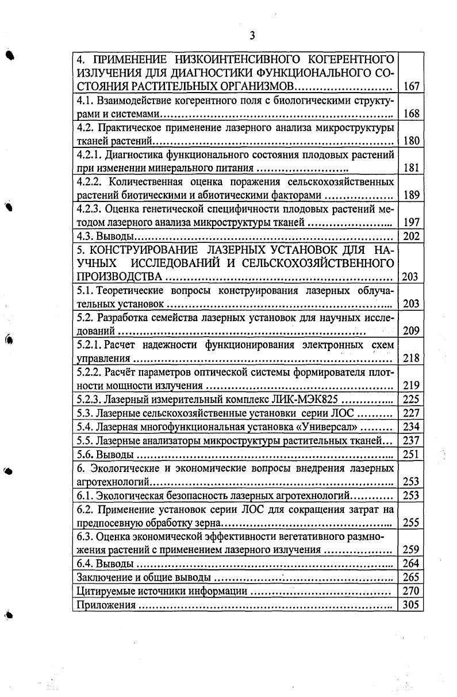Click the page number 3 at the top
pyautogui.click(x=252, y=36)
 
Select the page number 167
pyautogui.click(x=411, y=87)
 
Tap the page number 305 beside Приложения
pyautogui.click(x=411, y=605)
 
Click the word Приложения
pyautogui.click(x=106, y=605)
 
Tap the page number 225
pyautogui.click(x=411, y=399)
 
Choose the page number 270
pyautogui.click(x=411, y=591)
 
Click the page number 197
pyautogui.click(x=411, y=222)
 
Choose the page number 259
pyautogui.click(x=411, y=550)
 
